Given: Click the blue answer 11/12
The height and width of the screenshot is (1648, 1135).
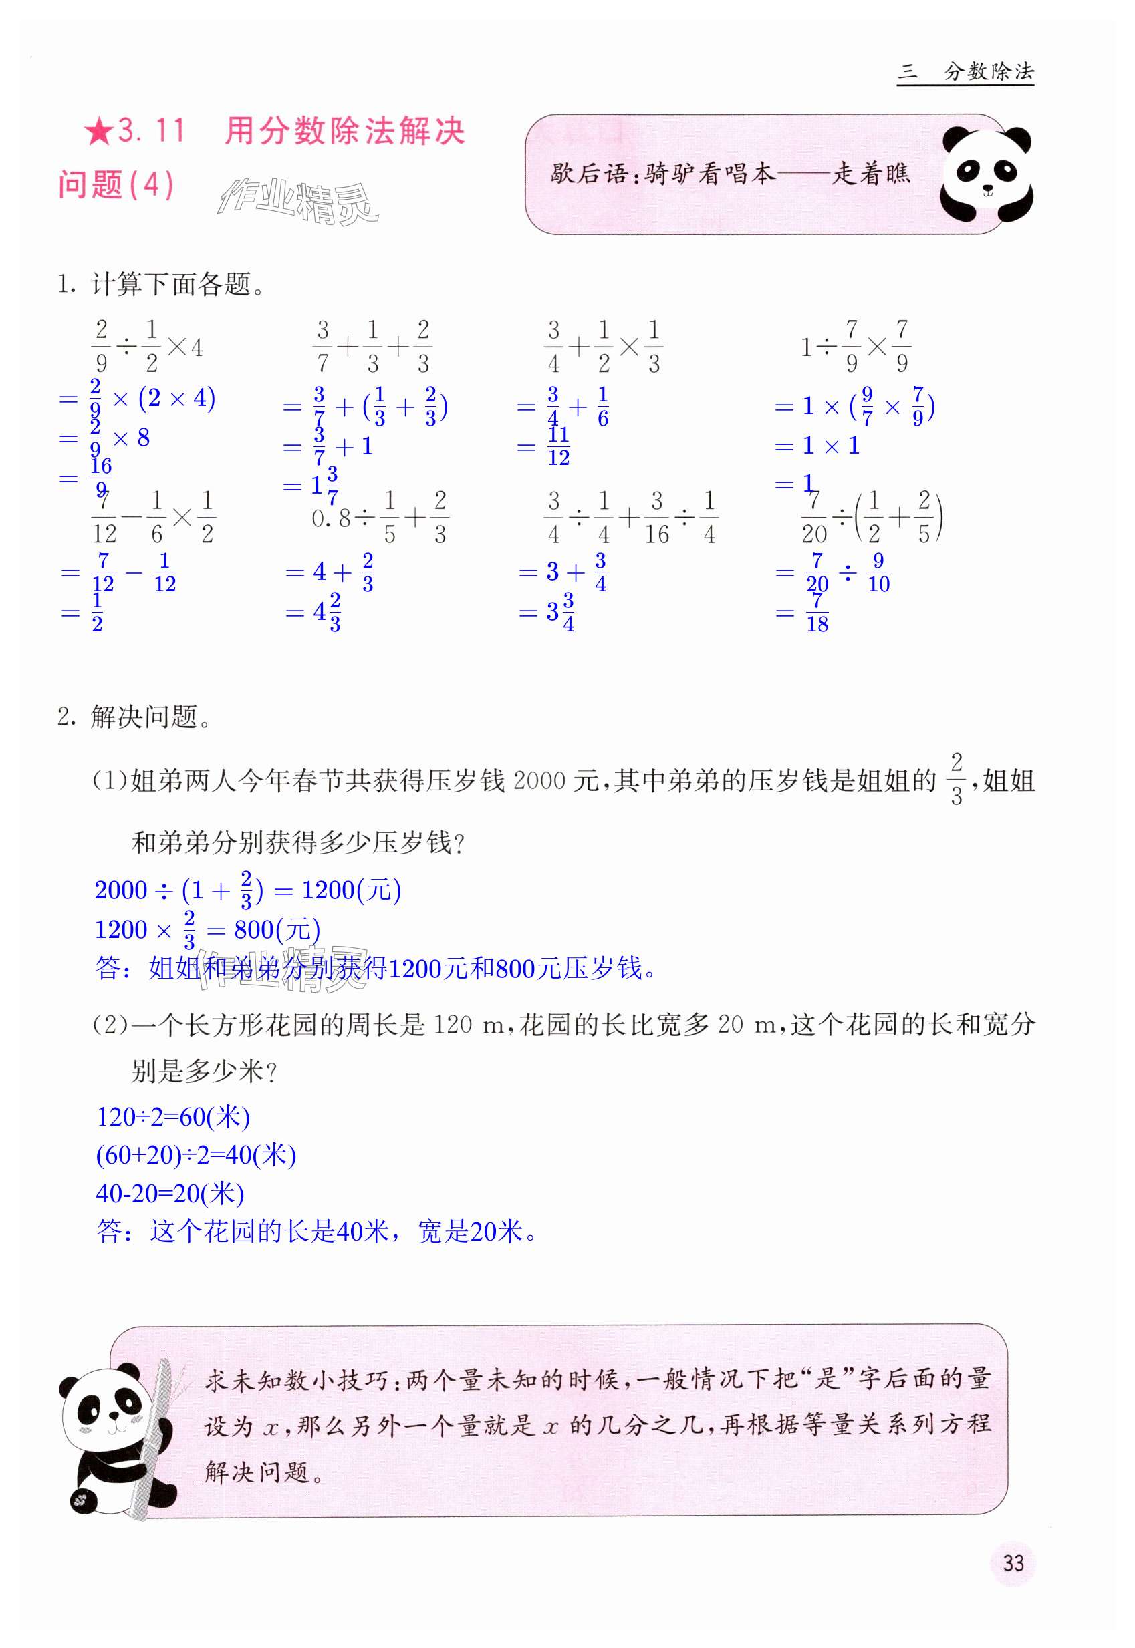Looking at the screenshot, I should (558, 446).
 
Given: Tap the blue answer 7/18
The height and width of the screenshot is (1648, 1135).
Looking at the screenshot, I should (816, 613).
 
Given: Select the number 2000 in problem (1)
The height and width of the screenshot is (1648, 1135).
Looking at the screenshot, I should (538, 780).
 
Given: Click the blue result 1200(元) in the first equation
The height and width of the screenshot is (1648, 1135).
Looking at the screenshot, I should (352, 890).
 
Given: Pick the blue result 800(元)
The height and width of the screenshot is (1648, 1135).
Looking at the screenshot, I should (277, 929).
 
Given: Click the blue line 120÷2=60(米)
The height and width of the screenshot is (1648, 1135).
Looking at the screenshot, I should (173, 1116).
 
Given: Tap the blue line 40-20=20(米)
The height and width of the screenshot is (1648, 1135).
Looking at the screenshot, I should (170, 1193).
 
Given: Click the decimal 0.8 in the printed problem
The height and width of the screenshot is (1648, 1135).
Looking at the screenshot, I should (332, 518).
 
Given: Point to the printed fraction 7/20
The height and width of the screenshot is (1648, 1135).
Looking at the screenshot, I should (814, 517).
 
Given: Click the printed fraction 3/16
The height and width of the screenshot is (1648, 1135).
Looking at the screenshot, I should (656, 517).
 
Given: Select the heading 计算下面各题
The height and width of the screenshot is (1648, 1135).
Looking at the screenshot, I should (170, 285).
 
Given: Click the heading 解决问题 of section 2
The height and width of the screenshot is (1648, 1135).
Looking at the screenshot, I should (144, 717).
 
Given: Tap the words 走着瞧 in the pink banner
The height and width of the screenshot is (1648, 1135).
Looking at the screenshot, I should (870, 173).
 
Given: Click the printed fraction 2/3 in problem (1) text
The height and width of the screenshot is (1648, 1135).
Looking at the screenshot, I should (956, 780).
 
